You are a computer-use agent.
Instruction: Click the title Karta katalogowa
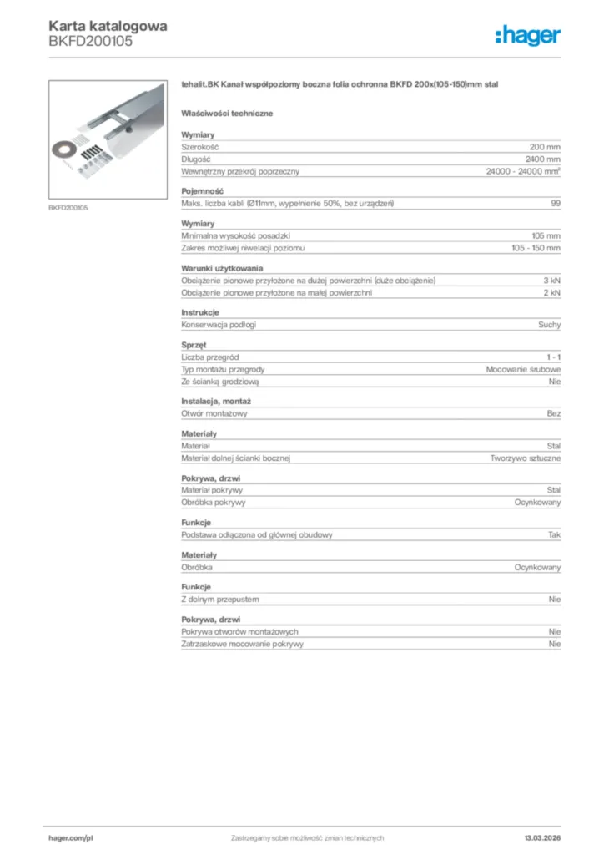pos(108,25)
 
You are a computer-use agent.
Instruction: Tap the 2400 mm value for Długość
pos(543,159)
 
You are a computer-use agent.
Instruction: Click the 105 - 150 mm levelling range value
pos(536,249)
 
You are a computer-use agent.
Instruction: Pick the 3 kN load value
pos(551,281)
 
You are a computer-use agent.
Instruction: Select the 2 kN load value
pos(551,293)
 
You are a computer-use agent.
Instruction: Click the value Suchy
pos(549,325)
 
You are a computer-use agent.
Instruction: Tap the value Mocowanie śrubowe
pos(523,369)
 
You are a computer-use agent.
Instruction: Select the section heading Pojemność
pos(202,191)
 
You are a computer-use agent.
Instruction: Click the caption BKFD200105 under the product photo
pos(68,208)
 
